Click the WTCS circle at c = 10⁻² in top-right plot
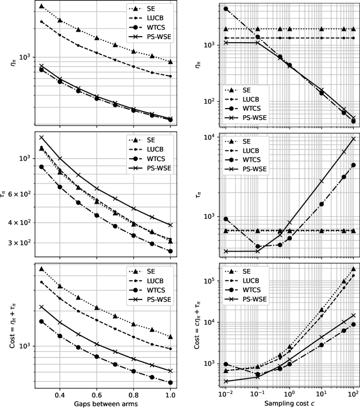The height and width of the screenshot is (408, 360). [x=226, y=9]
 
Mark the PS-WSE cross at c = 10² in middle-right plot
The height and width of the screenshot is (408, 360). [x=353, y=138]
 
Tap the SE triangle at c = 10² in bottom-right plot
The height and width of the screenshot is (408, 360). [x=353, y=269]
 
